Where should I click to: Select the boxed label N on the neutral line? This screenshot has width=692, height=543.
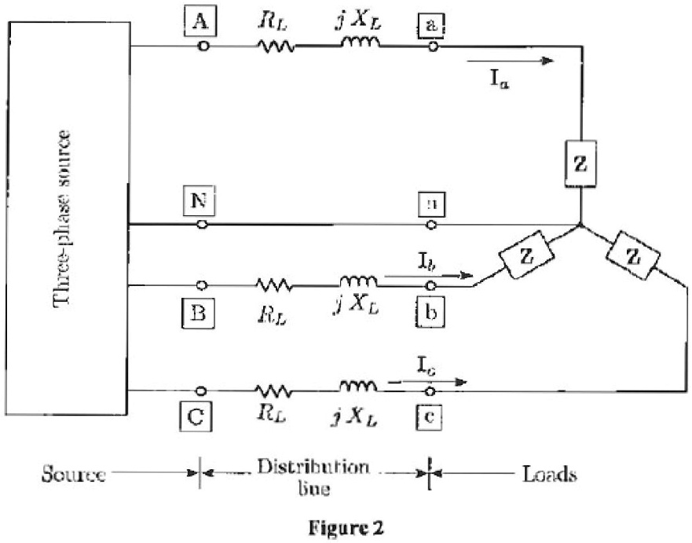coord(201,203)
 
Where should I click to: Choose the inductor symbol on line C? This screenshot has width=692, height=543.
coord(359,388)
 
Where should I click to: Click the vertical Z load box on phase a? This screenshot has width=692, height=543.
coord(580,167)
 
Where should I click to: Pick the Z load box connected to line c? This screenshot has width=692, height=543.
coord(637,255)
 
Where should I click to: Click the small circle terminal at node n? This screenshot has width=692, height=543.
coord(430,225)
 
